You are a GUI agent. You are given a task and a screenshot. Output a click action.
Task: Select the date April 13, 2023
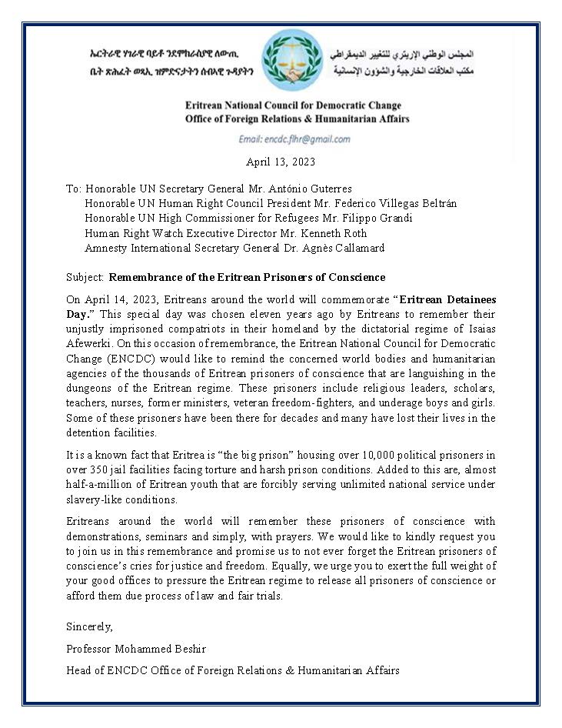[281, 162]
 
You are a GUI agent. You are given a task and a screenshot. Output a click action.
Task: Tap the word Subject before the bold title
[84, 277]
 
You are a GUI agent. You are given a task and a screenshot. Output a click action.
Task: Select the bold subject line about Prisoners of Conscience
[247, 277]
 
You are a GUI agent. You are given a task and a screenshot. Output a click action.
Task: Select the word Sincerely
[89, 626]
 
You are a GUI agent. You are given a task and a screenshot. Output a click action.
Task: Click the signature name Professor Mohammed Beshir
[136, 648]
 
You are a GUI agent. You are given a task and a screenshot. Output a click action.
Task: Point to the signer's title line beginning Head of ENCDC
[233, 670]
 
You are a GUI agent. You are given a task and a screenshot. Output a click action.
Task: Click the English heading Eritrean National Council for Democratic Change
[293, 105]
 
